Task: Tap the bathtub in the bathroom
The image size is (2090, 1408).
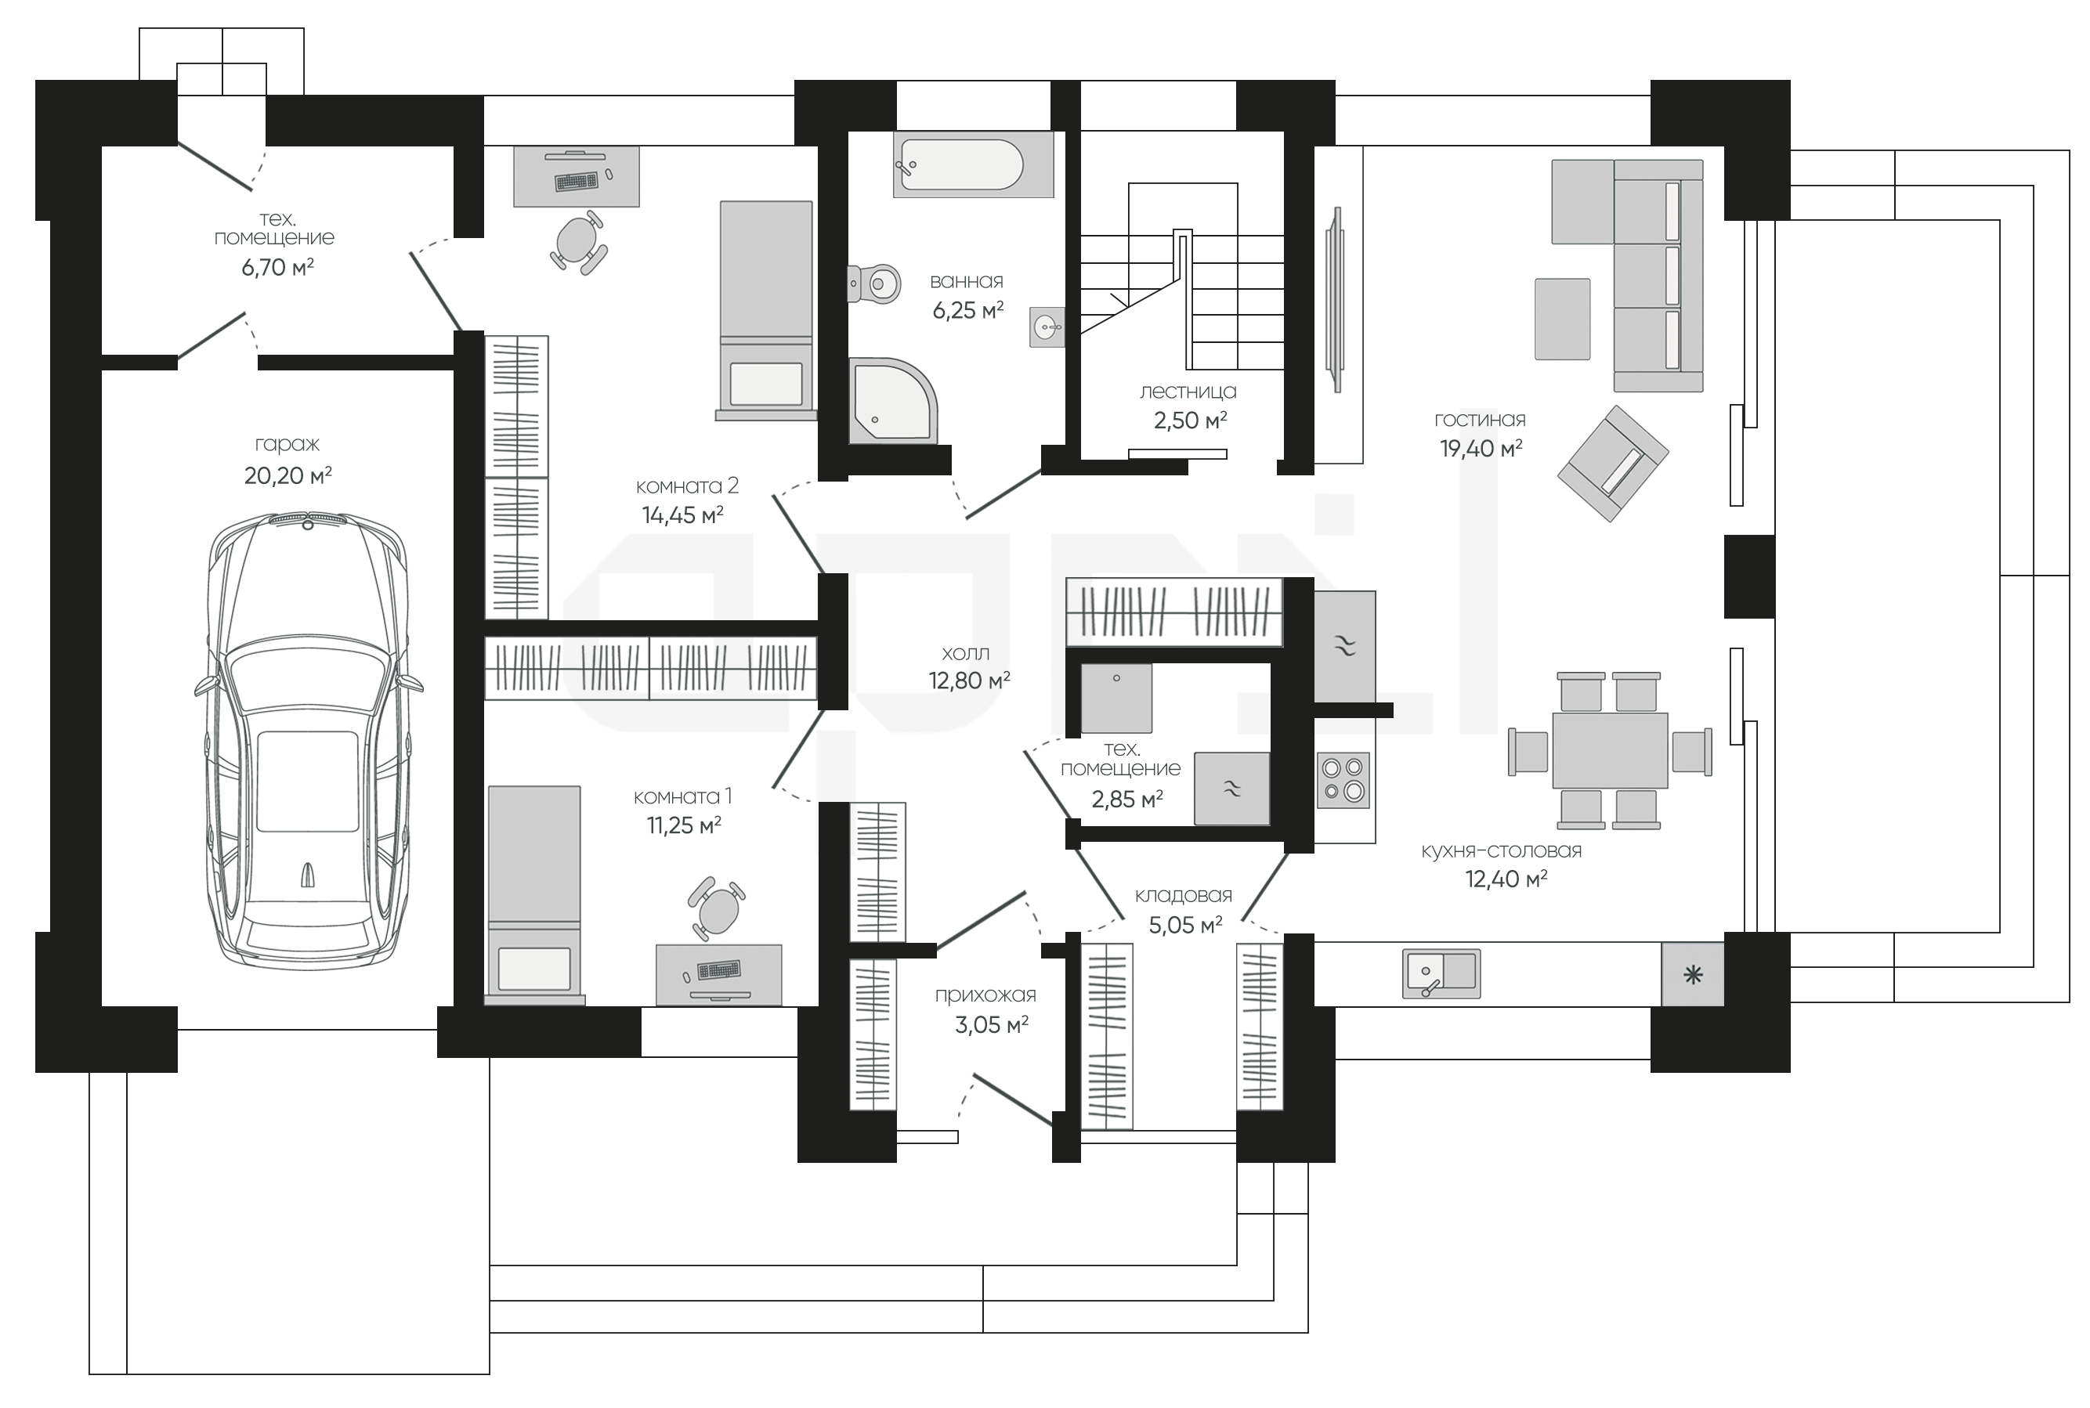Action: click(x=973, y=164)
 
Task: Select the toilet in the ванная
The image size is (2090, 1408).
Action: click(x=874, y=283)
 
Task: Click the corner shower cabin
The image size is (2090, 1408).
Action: click(x=893, y=400)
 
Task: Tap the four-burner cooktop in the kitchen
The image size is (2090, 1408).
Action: click(x=1343, y=779)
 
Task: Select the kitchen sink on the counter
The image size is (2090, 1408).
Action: click(x=1441, y=973)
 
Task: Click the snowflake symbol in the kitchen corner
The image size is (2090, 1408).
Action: click(x=1693, y=974)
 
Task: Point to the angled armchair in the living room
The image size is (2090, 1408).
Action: click(x=1613, y=464)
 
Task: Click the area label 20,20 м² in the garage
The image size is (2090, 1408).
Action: click(x=288, y=475)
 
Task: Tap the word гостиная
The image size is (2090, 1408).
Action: click(x=1480, y=420)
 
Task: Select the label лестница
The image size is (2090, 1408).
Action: click(x=1188, y=392)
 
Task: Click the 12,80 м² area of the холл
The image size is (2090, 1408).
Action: click(x=970, y=681)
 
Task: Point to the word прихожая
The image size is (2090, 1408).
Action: click(x=985, y=995)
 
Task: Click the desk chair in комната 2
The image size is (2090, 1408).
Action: click(x=577, y=240)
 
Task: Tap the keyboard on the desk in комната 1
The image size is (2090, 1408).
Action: click(x=718, y=969)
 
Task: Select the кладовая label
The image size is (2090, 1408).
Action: click(x=1183, y=895)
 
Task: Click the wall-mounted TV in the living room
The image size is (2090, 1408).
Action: click(x=1336, y=299)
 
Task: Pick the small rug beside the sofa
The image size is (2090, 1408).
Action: click(x=1563, y=319)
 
